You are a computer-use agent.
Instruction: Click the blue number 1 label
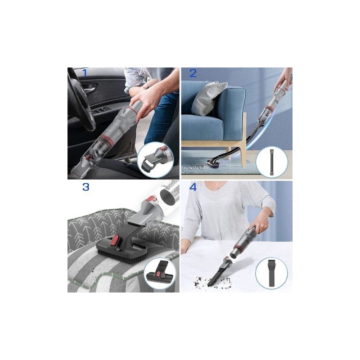tap(85, 73)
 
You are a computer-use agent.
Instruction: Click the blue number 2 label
tap(193, 73)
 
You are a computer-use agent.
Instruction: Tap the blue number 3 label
tap(85, 187)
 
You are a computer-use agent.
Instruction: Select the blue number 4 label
tap(193, 187)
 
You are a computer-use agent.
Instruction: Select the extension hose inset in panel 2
tap(272, 162)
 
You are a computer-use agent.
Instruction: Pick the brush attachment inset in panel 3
tap(160, 273)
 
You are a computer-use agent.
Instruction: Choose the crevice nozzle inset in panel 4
tap(272, 273)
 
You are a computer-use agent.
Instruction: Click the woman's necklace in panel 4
tap(218, 185)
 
